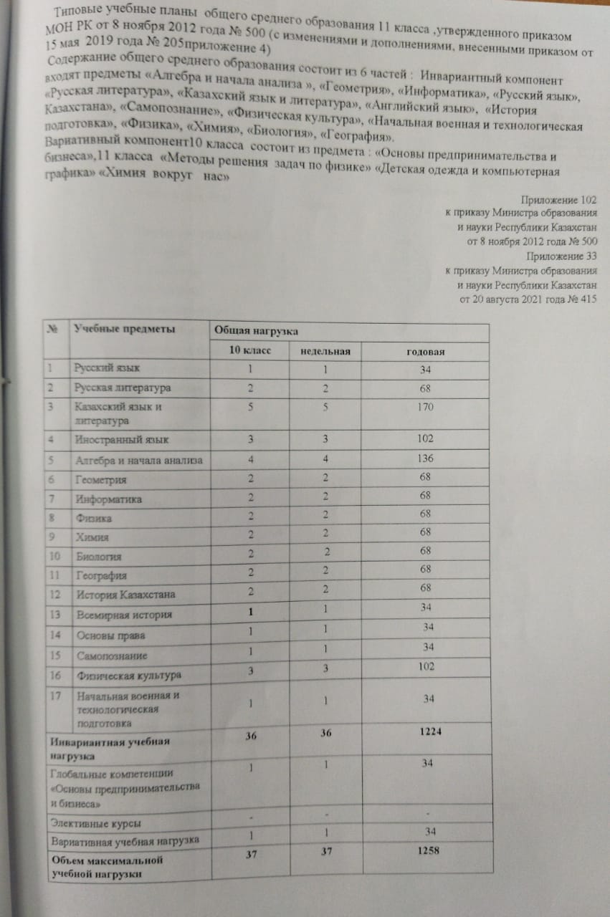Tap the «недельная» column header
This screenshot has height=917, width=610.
[x=325, y=352]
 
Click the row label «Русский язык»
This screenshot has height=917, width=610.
[x=108, y=368]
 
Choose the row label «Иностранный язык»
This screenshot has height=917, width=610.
[x=123, y=439]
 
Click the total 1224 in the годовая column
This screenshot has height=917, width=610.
[x=430, y=735]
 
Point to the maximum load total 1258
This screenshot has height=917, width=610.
[x=429, y=851]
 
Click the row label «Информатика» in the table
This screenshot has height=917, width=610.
[x=108, y=499]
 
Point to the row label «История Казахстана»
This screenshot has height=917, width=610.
[x=125, y=595]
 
